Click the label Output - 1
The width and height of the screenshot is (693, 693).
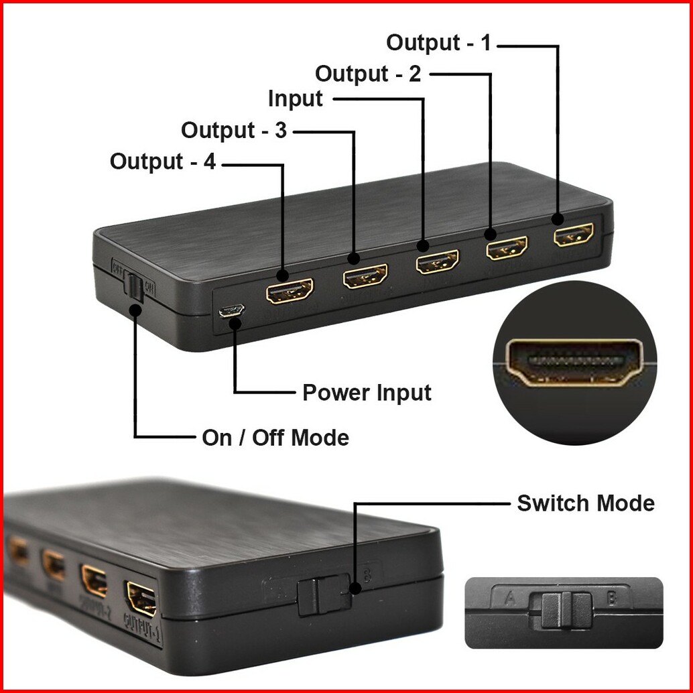[438, 43]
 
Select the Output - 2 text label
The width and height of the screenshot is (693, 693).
[368, 73]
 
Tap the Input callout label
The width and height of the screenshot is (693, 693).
[295, 99]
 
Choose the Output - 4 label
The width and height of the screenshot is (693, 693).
[163, 162]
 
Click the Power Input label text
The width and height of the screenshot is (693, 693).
[367, 392]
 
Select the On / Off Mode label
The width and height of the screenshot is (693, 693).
[275, 438]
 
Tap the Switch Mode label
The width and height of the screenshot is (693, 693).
[586, 503]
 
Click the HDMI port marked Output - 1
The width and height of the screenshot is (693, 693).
[573, 235]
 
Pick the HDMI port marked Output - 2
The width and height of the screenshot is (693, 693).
[507, 248]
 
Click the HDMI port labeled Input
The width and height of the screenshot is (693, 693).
[437, 261]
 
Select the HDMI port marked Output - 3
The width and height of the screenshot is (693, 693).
[365, 275]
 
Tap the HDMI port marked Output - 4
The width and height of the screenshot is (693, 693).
[290, 290]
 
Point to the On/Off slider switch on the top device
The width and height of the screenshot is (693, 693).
[135, 287]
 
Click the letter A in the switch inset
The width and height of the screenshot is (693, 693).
[510, 598]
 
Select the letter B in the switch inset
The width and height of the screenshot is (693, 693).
[612, 598]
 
